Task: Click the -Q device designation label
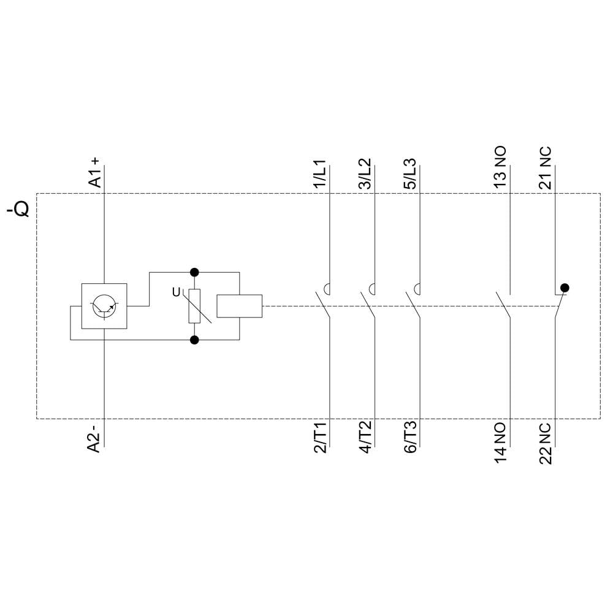18,210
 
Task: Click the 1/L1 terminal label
320,175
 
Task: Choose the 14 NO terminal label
500,442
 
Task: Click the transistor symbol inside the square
104,306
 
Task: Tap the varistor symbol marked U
195,306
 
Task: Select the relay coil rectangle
240,306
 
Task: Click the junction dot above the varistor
195,272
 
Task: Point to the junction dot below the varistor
195,340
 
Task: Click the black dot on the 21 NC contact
565,287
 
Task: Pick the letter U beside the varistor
176,293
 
